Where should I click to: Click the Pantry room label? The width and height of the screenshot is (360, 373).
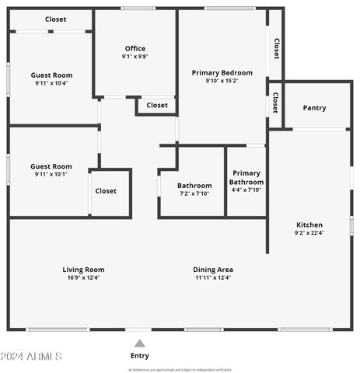[x=314, y=108]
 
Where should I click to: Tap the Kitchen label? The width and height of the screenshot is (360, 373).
[x=309, y=225]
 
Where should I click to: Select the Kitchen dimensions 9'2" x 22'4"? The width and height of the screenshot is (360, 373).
[x=309, y=233]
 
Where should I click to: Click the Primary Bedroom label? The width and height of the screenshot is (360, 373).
[x=222, y=72]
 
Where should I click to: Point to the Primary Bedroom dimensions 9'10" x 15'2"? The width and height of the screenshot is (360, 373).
[x=222, y=81]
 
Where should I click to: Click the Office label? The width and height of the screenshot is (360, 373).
[x=135, y=48]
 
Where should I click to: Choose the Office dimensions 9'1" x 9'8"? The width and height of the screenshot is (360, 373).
[x=135, y=57]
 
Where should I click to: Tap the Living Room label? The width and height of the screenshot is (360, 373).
[x=83, y=270]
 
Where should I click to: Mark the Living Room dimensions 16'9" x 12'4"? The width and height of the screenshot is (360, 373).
[x=83, y=277]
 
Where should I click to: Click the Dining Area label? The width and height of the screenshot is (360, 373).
[x=213, y=270]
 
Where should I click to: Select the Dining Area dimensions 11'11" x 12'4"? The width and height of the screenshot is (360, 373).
[x=213, y=277]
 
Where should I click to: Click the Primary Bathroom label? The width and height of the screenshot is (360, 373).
[x=246, y=177]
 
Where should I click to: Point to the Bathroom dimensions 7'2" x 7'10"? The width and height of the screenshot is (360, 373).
[x=194, y=193]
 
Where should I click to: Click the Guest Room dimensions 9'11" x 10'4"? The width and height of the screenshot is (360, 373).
[x=51, y=83]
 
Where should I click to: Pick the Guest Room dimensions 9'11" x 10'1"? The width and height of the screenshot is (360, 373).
[x=51, y=174]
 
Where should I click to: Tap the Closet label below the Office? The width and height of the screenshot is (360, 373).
[x=157, y=105]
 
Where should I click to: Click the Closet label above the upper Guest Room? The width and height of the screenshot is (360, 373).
[x=55, y=19]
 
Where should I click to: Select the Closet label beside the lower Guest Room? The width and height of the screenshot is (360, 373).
[x=106, y=190]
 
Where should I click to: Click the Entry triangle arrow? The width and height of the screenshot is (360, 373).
[x=139, y=343]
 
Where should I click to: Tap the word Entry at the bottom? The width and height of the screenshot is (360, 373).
[x=139, y=356]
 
